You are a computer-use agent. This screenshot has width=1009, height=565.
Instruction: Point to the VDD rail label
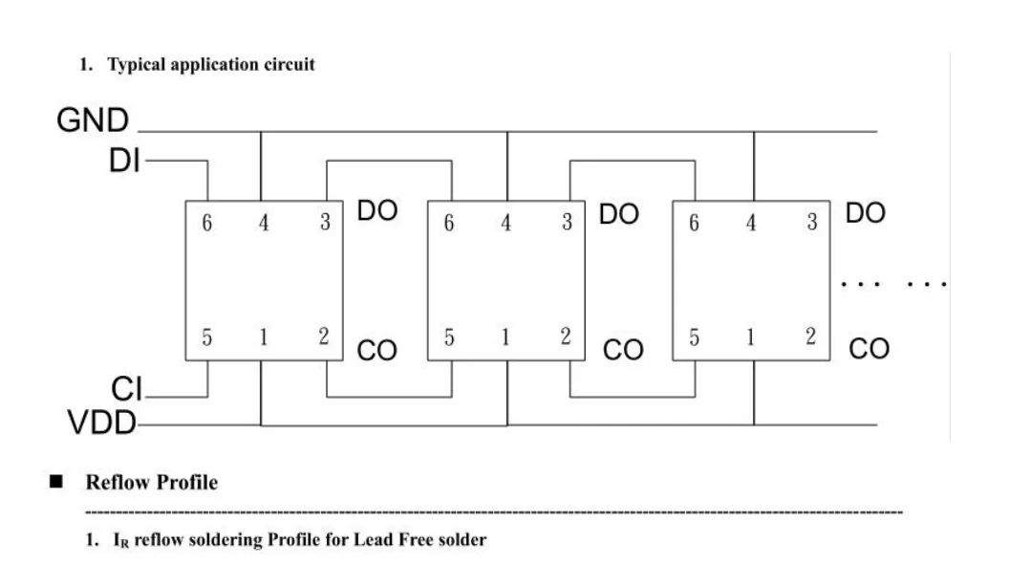[x=102, y=422]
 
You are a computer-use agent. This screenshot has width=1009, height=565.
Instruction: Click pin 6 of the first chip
[x=206, y=224]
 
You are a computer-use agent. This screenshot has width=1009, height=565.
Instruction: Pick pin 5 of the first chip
[x=206, y=337]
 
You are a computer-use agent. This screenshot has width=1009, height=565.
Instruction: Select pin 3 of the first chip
[x=325, y=224]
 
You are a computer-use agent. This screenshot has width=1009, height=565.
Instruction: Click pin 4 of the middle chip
[x=506, y=224]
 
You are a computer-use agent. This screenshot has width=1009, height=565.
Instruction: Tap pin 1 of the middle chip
[x=506, y=337]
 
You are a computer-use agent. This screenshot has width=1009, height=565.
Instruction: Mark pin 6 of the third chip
[x=695, y=224]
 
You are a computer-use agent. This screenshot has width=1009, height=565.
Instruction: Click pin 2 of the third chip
[x=810, y=337]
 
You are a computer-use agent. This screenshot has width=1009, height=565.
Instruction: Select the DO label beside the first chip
[x=378, y=212]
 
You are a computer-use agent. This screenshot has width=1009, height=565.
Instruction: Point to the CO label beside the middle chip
[x=624, y=351]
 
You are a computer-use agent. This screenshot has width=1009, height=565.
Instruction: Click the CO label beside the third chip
[x=869, y=351]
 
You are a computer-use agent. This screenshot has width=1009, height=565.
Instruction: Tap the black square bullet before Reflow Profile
[x=55, y=483]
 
